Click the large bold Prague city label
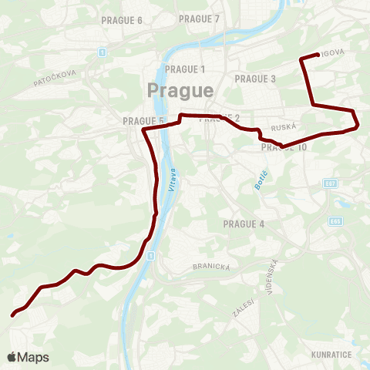[x=180, y=90]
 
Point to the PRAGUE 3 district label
[x=255, y=79]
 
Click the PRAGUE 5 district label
[x=143, y=121]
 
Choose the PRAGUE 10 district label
[x=284, y=146]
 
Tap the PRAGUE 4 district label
[x=243, y=224]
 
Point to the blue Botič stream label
[x=260, y=179]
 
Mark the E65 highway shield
[x=335, y=220]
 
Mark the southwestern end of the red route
[x=12, y=314]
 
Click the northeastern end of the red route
[x=318, y=54]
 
